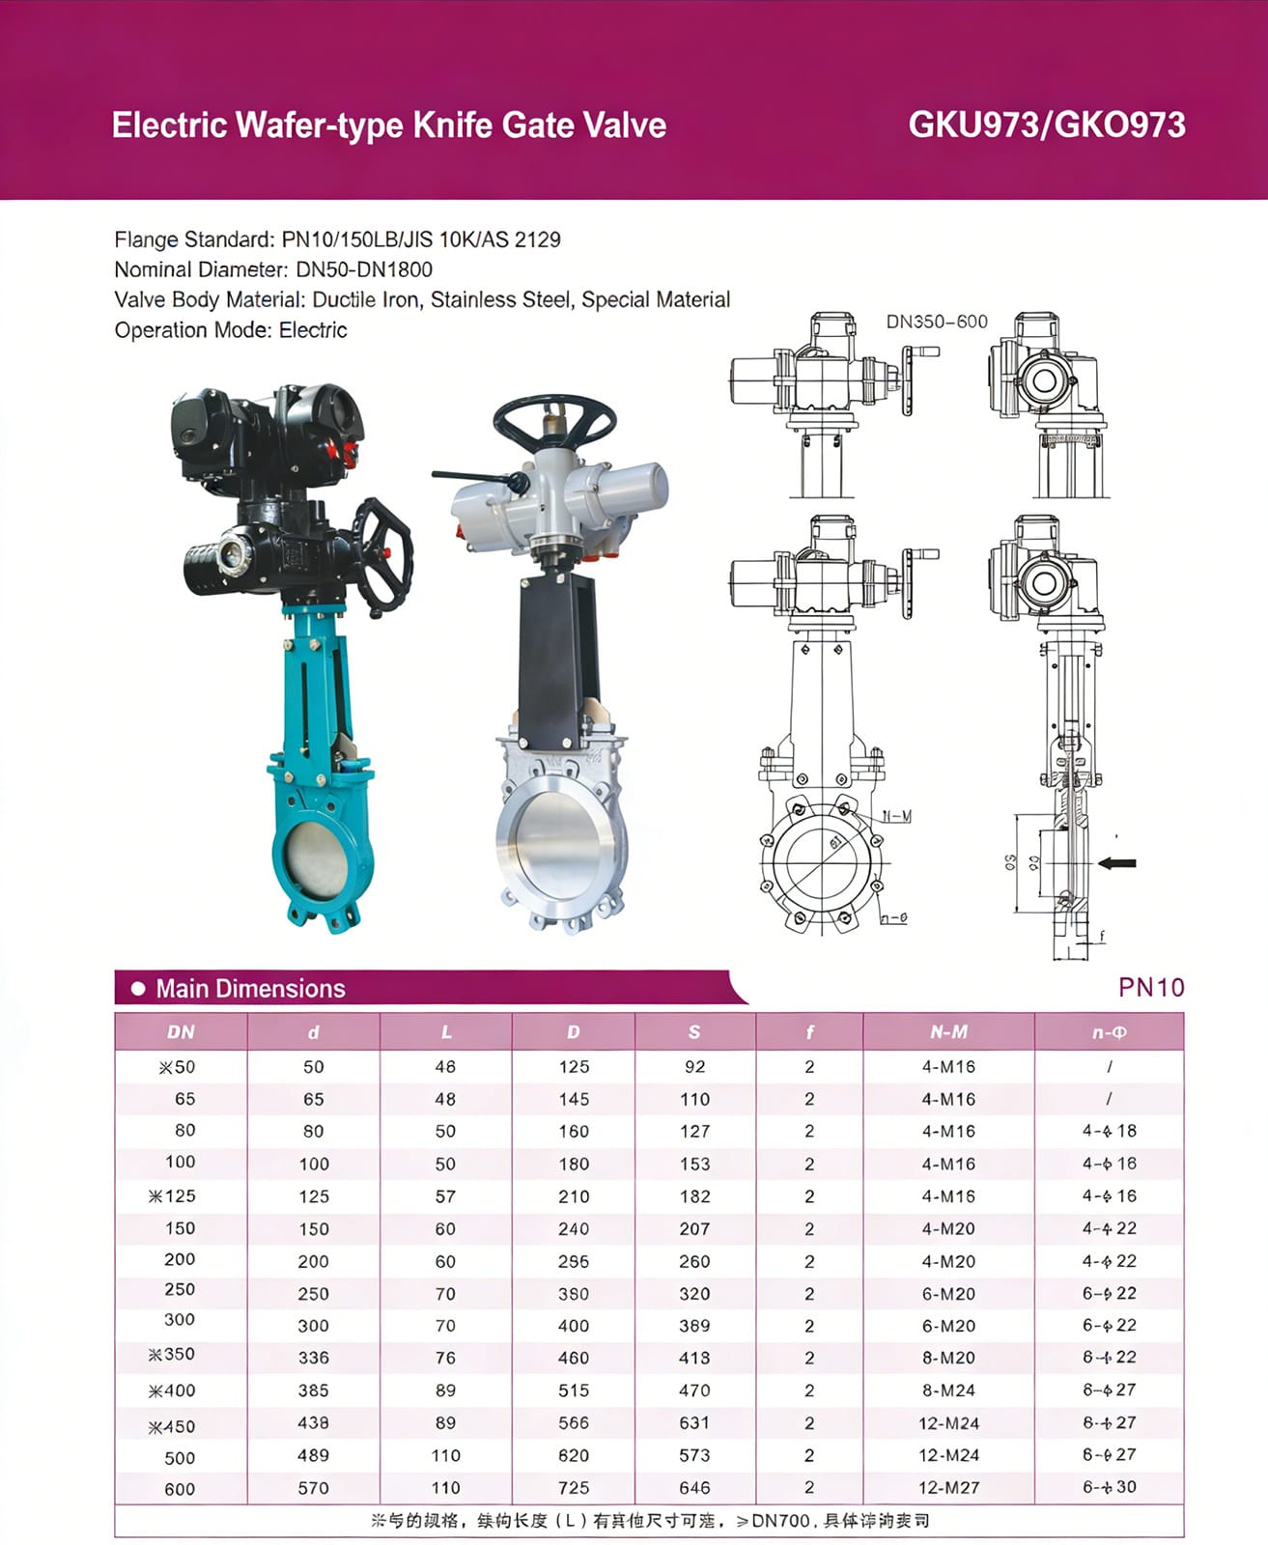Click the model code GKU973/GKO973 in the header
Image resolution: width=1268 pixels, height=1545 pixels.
(x=1046, y=125)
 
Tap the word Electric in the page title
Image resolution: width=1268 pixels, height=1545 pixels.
(x=169, y=126)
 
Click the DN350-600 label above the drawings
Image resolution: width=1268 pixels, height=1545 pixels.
(x=936, y=322)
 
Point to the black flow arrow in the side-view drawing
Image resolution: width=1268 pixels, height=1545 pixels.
(x=1117, y=862)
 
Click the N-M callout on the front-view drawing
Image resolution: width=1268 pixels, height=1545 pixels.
(x=896, y=817)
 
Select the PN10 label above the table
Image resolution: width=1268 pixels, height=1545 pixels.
(x=1150, y=987)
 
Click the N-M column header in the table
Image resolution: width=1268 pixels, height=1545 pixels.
(x=947, y=1032)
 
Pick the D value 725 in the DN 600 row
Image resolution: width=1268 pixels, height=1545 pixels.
(x=573, y=1488)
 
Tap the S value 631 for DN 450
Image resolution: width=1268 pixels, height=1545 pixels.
(x=693, y=1423)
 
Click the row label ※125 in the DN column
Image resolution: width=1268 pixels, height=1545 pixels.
(x=172, y=1196)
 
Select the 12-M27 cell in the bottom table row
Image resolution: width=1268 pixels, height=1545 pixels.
(x=947, y=1488)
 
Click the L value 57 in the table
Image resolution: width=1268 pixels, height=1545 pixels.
(x=445, y=1196)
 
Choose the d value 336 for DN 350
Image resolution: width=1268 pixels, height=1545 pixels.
(x=313, y=1358)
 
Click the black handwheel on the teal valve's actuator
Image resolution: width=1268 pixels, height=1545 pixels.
(x=383, y=556)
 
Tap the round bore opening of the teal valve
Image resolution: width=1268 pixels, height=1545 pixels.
(x=316, y=858)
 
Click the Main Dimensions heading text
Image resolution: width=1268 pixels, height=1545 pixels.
(x=250, y=989)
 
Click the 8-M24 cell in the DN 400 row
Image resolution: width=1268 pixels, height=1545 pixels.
(x=947, y=1390)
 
